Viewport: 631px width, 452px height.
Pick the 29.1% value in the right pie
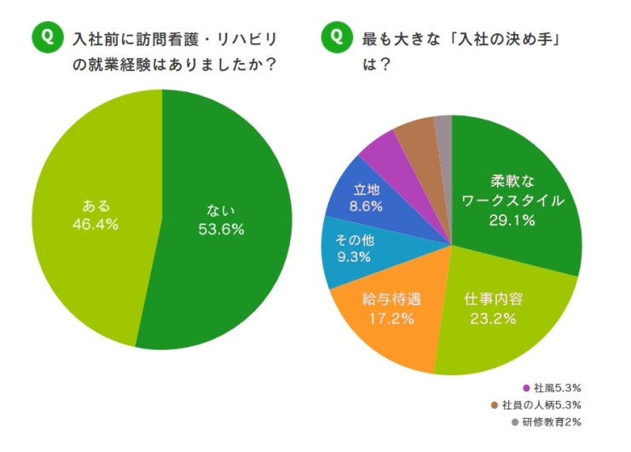[511, 221]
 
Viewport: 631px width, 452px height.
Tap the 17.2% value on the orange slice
[384, 319]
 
